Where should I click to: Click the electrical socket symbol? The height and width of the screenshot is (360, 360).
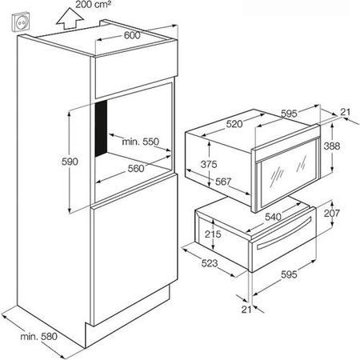tap(20, 22)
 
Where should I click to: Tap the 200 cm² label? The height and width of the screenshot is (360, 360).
tap(94, 4)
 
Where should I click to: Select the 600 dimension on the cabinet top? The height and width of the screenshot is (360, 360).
tap(132, 35)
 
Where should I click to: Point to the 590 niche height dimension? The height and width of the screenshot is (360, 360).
tap(70, 162)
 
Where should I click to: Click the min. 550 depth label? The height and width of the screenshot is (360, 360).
tap(140, 142)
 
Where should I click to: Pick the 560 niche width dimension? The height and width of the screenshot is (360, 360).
tap(136, 168)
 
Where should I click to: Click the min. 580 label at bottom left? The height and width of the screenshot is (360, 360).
tap(39, 337)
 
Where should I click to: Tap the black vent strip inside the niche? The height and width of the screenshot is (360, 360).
tap(102, 128)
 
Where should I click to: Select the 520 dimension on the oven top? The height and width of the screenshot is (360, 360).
tap(234, 124)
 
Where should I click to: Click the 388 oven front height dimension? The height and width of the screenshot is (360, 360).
tap(332, 146)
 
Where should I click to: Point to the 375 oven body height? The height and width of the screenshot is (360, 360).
tap(209, 164)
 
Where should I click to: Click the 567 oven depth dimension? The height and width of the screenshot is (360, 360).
tap(223, 182)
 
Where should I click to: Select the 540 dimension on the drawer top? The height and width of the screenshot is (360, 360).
tap(274, 217)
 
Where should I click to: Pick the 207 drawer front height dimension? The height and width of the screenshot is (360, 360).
tap(332, 213)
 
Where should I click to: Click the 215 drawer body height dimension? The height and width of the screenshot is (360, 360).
tap(213, 234)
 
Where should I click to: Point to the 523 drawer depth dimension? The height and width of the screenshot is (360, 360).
tap(210, 263)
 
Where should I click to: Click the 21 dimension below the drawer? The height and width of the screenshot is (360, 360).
tap(246, 310)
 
